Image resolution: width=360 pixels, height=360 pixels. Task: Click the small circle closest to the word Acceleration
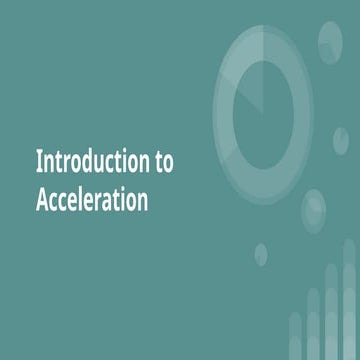(x=260, y=254)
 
